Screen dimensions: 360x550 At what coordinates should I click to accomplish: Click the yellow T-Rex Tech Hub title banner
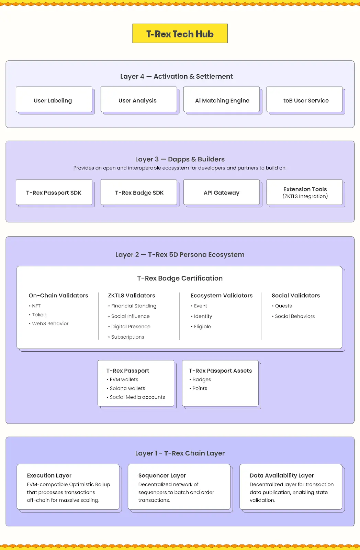tap(180, 33)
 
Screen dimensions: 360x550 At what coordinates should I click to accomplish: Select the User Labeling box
tap(54, 99)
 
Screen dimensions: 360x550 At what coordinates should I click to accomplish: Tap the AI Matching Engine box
tap(222, 99)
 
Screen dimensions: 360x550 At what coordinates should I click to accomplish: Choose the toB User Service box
tap(304, 99)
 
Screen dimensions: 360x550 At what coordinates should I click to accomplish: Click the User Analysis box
tap(139, 99)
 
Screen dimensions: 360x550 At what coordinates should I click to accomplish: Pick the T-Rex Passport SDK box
tap(54, 192)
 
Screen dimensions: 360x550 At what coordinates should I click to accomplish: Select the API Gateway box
tap(222, 192)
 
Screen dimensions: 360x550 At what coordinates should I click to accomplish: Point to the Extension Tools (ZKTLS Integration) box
tap(304, 192)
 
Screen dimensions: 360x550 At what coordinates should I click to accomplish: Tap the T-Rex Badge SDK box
tap(139, 192)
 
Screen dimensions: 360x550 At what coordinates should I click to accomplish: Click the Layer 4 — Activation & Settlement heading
tap(177, 76)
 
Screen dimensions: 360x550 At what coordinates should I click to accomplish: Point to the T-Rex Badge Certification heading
tap(180, 278)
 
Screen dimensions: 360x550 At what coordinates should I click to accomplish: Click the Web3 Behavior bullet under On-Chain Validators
tap(48, 323)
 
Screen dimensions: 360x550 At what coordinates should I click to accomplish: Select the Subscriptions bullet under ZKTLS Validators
tap(126, 337)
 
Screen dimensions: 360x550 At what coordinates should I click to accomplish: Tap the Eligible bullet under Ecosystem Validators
tap(201, 327)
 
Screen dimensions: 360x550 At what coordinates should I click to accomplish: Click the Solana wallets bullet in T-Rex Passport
tap(126, 388)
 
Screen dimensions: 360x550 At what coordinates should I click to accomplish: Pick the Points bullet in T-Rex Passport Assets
tap(198, 388)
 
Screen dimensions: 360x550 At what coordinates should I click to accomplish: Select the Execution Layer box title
tap(49, 475)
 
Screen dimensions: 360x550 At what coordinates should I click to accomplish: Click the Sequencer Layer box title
tap(162, 475)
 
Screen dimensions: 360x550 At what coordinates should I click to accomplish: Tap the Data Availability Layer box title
tap(282, 475)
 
